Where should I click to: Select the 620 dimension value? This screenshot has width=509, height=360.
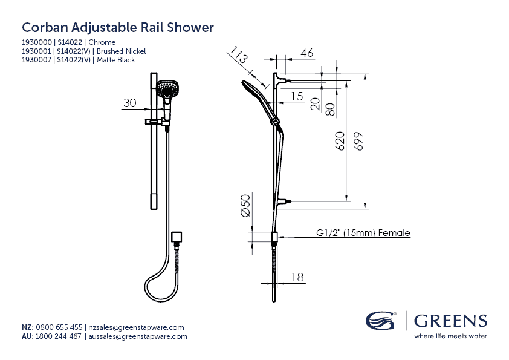click(x=340, y=141)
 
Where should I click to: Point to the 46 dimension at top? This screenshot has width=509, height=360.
click(x=306, y=53)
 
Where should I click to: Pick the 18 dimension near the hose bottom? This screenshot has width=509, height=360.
click(x=297, y=277)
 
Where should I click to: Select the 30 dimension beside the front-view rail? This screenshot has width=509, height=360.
click(x=130, y=103)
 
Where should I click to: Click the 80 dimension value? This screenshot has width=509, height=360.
click(x=330, y=110)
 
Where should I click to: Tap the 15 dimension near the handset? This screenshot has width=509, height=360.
click(x=296, y=96)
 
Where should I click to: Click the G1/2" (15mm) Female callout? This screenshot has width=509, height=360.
click(x=363, y=233)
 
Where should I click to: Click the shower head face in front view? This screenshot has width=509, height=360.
click(x=164, y=90)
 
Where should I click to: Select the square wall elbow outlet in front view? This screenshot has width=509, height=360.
click(x=177, y=235)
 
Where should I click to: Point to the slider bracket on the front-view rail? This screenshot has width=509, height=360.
click(x=156, y=122)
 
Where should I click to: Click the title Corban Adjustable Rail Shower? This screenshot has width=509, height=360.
click(x=118, y=28)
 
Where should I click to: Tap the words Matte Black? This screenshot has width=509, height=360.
click(x=115, y=60)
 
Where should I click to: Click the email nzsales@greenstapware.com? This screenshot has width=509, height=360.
click(x=136, y=327)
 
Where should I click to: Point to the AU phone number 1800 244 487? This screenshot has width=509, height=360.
click(x=59, y=336)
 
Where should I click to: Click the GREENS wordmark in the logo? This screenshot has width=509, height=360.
click(x=450, y=320)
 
